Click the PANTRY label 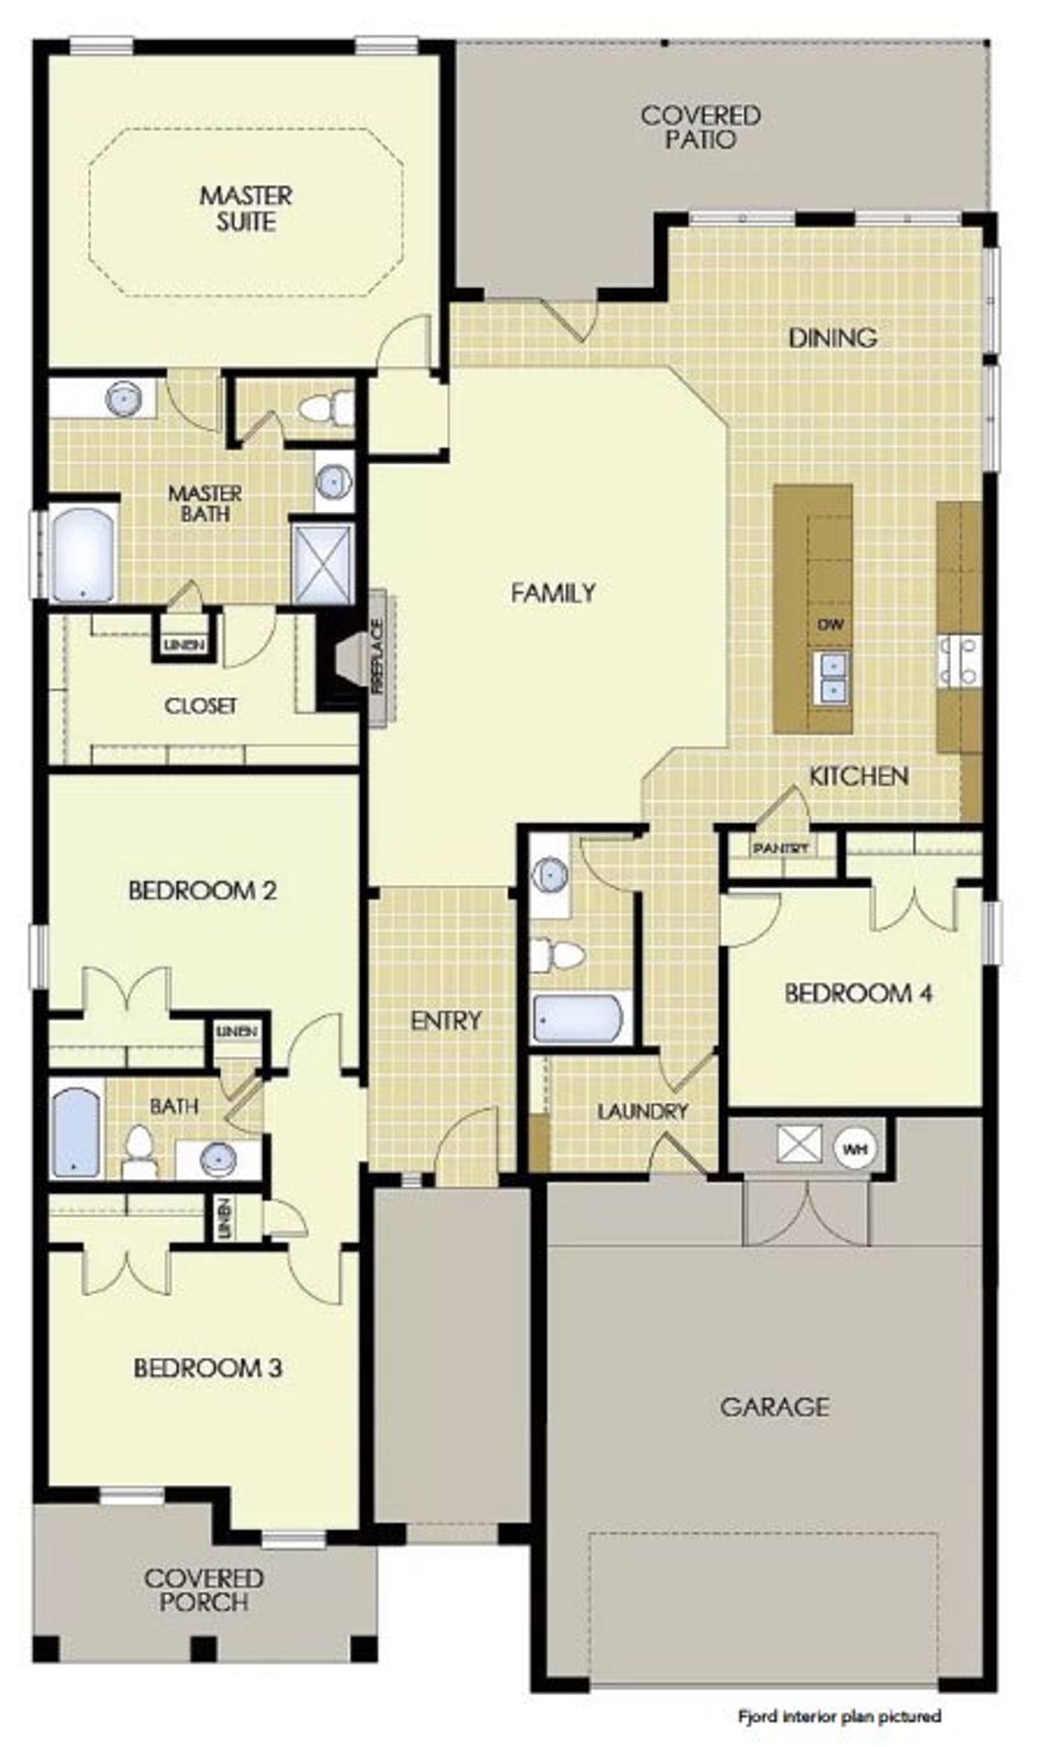(x=781, y=848)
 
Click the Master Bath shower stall (x=323, y=563)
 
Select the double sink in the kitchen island (x=831, y=676)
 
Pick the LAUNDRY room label (x=642, y=1111)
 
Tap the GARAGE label (x=774, y=1406)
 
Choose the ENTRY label (x=446, y=1020)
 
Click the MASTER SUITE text (x=247, y=208)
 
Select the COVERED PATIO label (x=701, y=127)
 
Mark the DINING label (x=832, y=337)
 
